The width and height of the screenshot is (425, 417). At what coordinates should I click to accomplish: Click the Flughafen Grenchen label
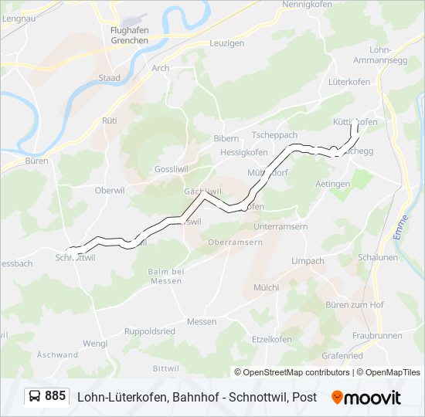(129, 36)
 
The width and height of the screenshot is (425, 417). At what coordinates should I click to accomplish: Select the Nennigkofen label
(307, 5)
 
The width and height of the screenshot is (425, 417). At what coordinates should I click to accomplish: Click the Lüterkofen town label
(349, 81)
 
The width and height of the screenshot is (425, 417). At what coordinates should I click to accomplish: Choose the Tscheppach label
(274, 134)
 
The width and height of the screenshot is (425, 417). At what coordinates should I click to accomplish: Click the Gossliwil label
(171, 168)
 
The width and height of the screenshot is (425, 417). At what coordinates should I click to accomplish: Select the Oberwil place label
(109, 190)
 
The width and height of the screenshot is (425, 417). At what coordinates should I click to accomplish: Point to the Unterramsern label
(280, 227)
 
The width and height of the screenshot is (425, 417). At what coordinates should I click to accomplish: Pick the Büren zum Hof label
(355, 304)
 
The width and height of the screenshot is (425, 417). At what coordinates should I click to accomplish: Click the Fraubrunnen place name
(377, 335)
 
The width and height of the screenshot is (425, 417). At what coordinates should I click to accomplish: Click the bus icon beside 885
(36, 396)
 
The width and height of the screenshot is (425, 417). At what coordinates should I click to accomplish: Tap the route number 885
(56, 396)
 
